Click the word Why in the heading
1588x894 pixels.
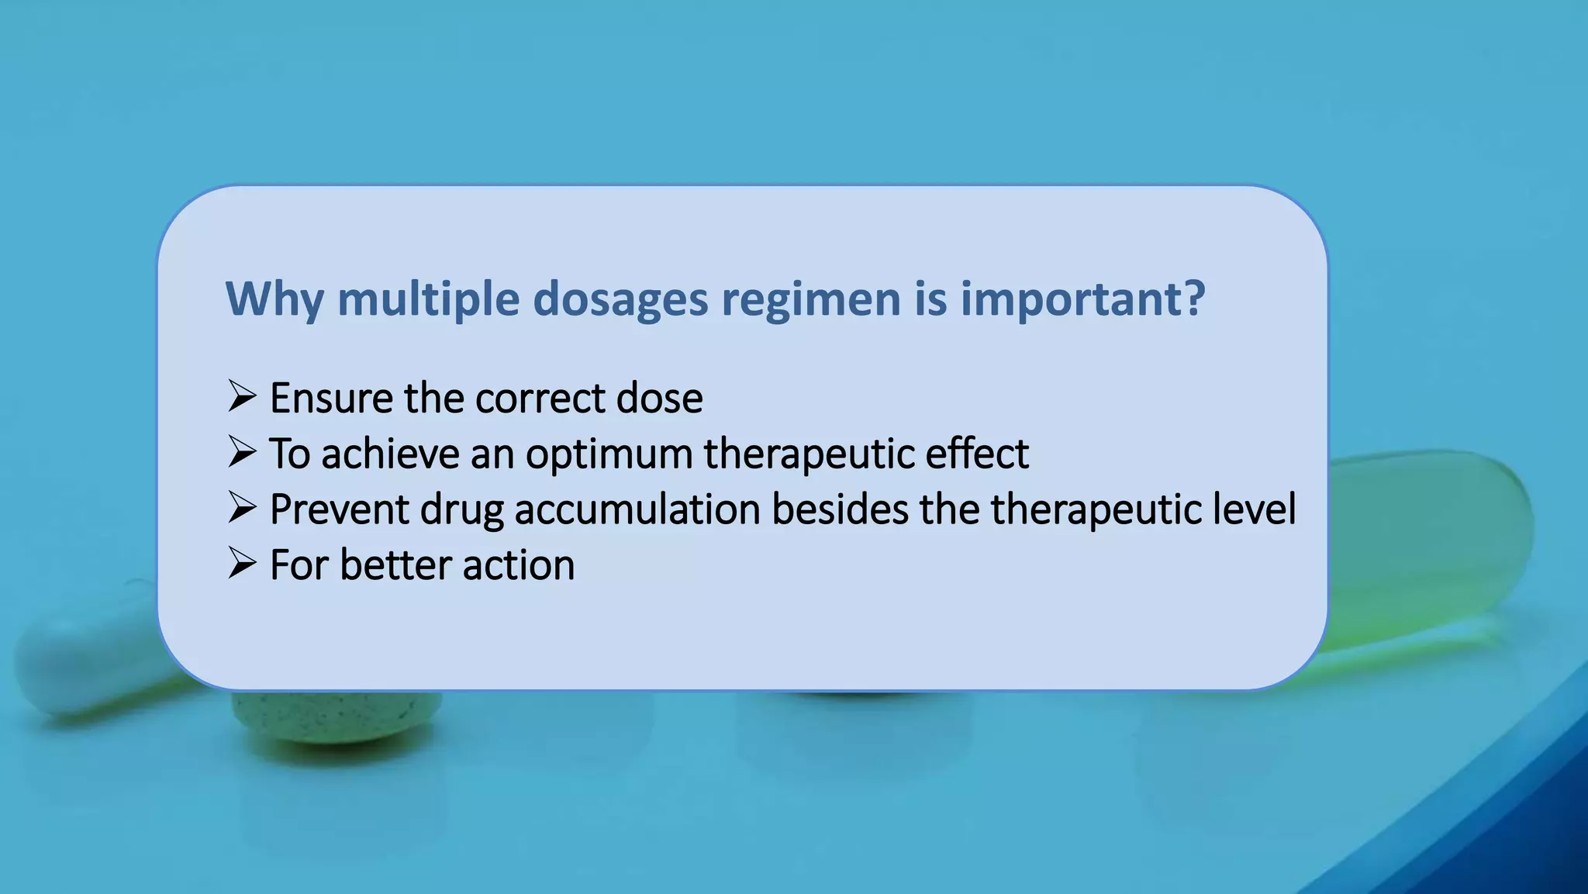(x=274, y=299)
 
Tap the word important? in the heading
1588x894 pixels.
(x=1082, y=299)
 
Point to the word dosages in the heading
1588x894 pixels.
(x=620, y=299)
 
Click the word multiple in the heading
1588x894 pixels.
(x=428, y=299)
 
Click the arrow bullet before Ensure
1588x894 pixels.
(x=242, y=397)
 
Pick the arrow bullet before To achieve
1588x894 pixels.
(x=242, y=453)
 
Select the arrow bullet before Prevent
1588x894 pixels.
(x=242, y=509)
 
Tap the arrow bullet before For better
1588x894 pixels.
(x=242, y=564)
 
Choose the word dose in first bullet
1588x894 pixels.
(x=659, y=399)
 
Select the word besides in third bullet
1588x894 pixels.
(x=840, y=509)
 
